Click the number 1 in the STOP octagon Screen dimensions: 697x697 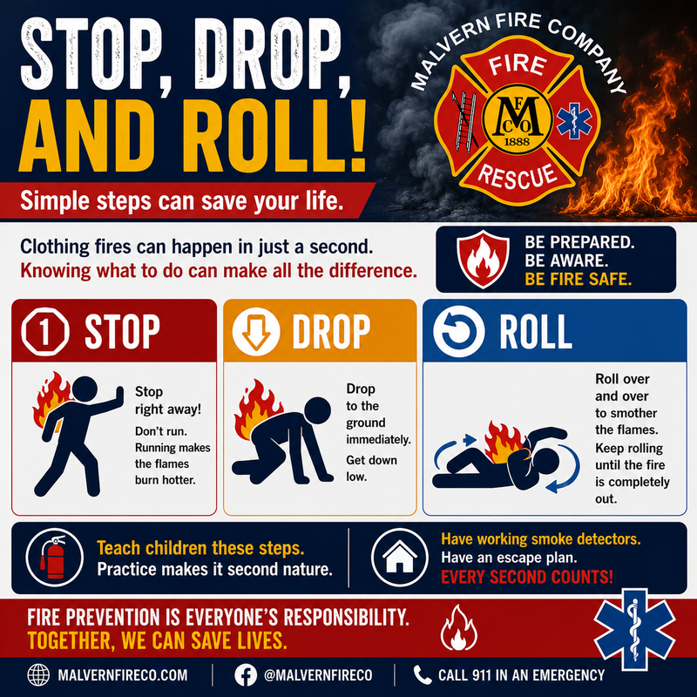[x=44, y=332]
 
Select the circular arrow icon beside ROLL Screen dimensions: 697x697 [x=458, y=331]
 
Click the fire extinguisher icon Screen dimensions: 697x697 [x=54, y=557]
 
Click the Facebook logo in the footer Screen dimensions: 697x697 [x=246, y=674]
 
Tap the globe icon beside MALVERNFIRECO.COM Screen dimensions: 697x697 [x=38, y=674]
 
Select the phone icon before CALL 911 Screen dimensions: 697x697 [x=422, y=674]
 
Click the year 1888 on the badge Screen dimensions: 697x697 [x=517, y=141]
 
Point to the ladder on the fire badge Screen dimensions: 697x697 [x=466, y=119]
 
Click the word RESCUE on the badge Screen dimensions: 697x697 [x=517, y=176]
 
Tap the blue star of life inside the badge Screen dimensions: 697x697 [x=574, y=120]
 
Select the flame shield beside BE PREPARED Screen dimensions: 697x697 [x=483, y=259]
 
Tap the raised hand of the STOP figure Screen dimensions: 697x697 [x=119, y=395]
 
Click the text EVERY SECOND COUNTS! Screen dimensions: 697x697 [x=527, y=577]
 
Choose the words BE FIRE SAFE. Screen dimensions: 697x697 [x=578, y=279]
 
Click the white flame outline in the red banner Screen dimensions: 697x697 [x=459, y=627]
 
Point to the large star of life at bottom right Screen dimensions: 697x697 [x=635, y=629]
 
